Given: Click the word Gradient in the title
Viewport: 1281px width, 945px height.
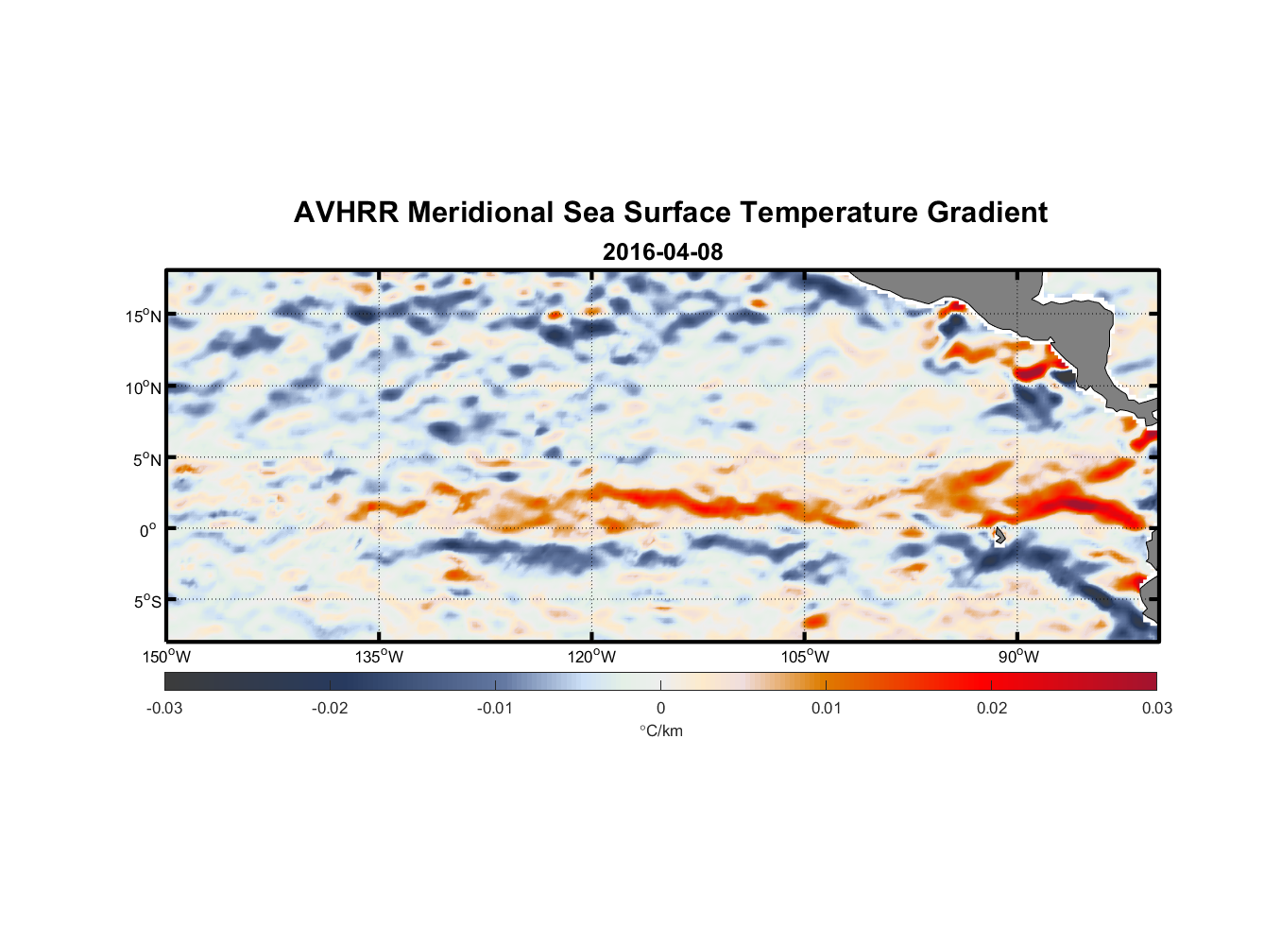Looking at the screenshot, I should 986,213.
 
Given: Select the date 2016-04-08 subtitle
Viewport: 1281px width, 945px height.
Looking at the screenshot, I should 662,252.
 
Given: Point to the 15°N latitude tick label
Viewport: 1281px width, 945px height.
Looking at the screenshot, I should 144,316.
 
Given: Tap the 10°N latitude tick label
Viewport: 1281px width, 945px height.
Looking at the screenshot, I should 144,387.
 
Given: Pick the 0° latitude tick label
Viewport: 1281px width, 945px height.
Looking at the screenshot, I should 148,530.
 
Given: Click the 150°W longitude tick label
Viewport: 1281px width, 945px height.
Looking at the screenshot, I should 166,657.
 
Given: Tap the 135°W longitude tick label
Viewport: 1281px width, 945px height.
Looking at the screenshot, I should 379,657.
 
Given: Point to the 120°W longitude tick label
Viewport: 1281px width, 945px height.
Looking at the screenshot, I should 591,657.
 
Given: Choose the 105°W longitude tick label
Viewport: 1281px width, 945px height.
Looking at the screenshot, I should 805,657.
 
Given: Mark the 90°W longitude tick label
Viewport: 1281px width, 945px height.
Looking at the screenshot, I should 1018,657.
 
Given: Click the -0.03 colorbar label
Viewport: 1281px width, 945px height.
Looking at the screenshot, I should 164,708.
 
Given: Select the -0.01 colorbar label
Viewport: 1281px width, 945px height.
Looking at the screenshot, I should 495,708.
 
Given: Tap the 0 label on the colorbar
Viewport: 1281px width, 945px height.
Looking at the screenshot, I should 660,708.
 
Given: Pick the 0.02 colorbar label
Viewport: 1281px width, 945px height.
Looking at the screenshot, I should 992,708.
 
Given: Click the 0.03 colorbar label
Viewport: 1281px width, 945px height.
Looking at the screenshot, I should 1156,708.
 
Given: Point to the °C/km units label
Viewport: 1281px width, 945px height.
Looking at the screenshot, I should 660,730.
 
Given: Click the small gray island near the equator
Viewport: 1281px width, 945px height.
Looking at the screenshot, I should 999,536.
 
